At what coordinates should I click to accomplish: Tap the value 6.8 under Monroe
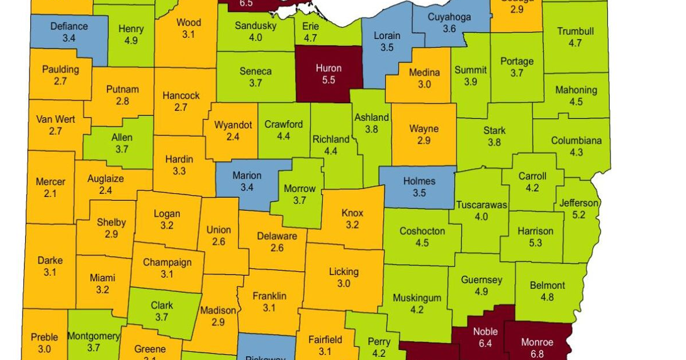click(537, 354)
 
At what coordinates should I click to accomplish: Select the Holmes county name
click(419, 181)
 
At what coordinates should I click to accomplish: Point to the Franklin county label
click(269, 296)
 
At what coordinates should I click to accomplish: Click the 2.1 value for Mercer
click(50, 194)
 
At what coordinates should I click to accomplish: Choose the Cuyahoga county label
click(449, 17)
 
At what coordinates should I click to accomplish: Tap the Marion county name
click(247, 176)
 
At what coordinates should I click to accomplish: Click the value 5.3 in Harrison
click(535, 243)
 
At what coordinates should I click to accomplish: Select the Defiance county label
click(69, 26)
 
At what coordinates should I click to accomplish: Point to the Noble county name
click(485, 332)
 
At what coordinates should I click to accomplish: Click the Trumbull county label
click(575, 31)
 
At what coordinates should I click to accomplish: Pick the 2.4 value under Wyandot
click(233, 137)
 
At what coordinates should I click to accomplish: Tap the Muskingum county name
click(417, 298)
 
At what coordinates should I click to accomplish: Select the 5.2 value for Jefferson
click(579, 215)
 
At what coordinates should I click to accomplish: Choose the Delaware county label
click(277, 236)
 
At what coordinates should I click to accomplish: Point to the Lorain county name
click(387, 36)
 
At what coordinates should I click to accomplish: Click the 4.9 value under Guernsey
click(481, 291)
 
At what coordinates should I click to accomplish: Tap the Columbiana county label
click(576, 140)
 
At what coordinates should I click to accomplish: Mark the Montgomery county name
click(93, 336)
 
